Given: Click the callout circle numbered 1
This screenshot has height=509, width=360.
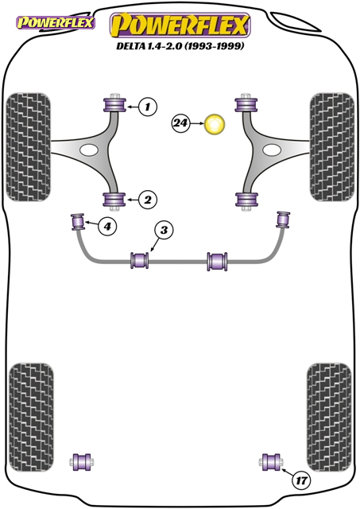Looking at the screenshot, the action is pos(148,107).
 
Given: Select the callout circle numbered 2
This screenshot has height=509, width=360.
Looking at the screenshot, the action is pos(148,200).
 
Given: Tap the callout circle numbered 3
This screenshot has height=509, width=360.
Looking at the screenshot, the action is pos(165,230).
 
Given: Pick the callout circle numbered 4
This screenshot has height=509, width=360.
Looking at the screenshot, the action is pos(107,225).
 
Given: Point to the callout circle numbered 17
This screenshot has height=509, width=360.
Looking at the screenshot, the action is pos(301,480).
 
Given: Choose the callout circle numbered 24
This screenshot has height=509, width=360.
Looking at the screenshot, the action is pos(180,123).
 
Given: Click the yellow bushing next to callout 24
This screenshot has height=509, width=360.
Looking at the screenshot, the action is pos(215,124).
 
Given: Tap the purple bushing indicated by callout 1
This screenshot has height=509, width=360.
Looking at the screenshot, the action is pos(114,104).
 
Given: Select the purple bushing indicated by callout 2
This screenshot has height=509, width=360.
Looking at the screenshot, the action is pos(114,200).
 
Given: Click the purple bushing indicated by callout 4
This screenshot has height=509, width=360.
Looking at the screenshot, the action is pos(78,222).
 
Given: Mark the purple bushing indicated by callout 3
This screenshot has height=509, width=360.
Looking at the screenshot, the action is pos(140,260).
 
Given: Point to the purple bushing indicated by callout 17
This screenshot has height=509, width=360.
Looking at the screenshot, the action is pos(271,461).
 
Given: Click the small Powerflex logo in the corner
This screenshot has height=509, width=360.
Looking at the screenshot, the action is pos(56,22).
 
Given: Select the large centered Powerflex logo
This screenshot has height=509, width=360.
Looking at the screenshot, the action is pos(180,25).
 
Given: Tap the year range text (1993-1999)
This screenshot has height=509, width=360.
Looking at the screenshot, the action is pos(214,46).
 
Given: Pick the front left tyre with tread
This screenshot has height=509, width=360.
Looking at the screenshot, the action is pos(29,147).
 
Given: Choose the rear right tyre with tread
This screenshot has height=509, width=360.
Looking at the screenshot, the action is pos(329,418).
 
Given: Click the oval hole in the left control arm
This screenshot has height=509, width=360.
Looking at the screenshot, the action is pos(88,150).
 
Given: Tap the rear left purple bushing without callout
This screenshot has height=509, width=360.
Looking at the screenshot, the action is pos(81,462).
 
